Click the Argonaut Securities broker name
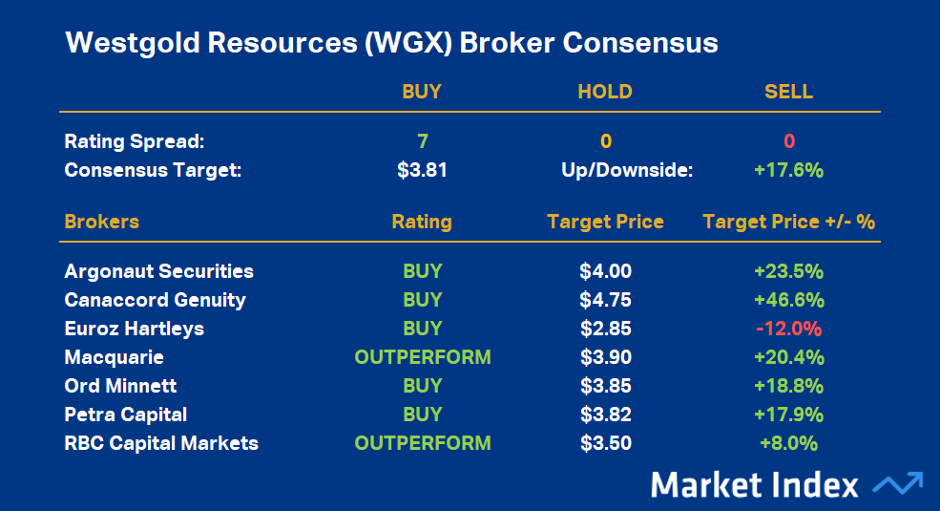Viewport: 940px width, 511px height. click(x=158, y=271)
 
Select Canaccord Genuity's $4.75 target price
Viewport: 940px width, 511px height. click(x=605, y=300)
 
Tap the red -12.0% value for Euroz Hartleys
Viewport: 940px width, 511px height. click(x=789, y=329)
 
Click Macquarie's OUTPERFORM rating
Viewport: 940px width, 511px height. click(x=423, y=357)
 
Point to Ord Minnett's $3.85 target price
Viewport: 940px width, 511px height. click(x=605, y=386)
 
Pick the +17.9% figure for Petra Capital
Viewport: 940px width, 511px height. click(x=789, y=415)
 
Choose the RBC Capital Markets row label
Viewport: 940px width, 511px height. click(x=161, y=443)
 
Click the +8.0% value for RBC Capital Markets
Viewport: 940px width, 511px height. click(x=789, y=443)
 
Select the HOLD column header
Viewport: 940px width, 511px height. click(x=605, y=92)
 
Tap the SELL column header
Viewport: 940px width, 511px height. click(x=789, y=92)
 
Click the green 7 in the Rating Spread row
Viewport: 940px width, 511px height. click(x=423, y=141)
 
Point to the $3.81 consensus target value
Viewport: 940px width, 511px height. click(x=422, y=170)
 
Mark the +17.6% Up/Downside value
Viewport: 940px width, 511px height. click(x=789, y=170)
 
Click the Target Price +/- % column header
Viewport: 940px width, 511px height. click(x=789, y=222)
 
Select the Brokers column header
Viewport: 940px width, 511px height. click(x=102, y=222)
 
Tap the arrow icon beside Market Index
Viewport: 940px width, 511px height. click(x=898, y=483)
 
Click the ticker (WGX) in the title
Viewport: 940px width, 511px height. click(x=407, y=43)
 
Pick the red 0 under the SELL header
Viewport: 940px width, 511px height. click(x=789, y=141)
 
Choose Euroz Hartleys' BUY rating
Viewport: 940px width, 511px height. click(x=423, y=329)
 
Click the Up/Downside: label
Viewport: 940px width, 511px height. click(x=627, y=170)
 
